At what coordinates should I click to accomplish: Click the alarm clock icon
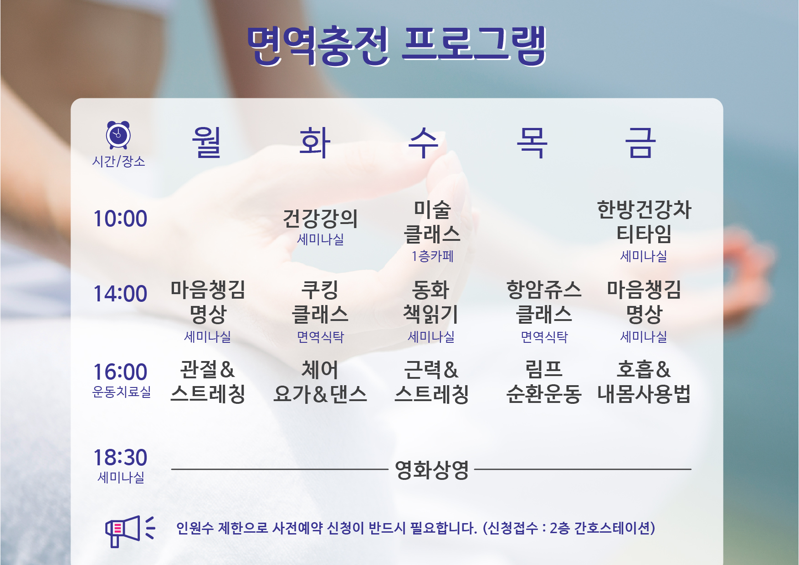118,135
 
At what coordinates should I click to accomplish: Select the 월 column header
206,142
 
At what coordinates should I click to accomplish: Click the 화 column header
315,142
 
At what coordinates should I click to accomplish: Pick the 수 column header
423,142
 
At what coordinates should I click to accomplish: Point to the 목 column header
532,142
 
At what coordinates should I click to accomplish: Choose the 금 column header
640,142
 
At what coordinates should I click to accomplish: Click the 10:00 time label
120,219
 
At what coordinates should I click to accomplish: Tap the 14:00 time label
120,294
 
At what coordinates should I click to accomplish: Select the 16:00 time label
120,372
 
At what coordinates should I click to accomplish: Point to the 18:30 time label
120,457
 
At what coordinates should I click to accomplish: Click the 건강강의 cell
320,219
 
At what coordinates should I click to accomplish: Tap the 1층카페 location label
432,256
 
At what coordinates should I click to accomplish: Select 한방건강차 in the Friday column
644,209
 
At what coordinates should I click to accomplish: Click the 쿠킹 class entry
320,290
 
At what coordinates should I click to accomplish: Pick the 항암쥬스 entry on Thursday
544,290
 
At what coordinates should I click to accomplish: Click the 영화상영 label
432,469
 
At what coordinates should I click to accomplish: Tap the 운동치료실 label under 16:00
121,392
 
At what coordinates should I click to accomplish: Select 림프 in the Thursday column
544,369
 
